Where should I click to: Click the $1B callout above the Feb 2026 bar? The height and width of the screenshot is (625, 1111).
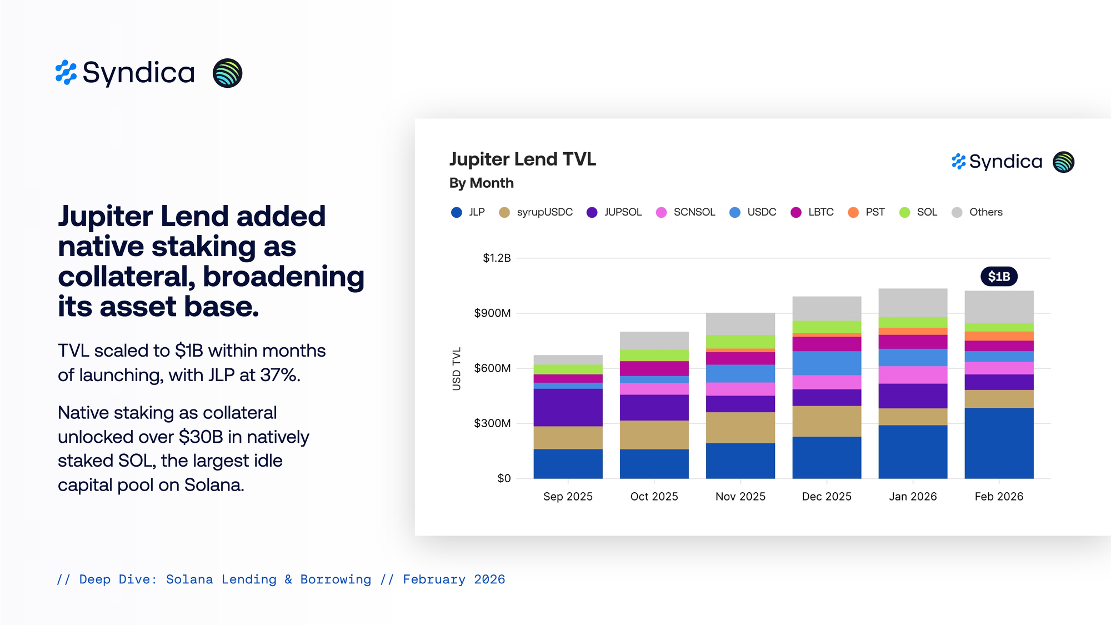click(999, 277)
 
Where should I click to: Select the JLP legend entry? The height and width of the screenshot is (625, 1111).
click(468, 212)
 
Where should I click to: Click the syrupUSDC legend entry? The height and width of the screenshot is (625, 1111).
click(536, 212)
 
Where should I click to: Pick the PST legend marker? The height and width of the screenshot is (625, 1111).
click(853, 212)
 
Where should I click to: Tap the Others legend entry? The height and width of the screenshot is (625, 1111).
click(977, 212)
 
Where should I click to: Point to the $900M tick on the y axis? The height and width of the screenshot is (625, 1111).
click(492, 313)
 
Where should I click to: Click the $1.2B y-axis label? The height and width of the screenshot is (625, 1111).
click(497, 258)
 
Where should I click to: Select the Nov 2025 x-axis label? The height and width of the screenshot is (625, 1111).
click(740, 497)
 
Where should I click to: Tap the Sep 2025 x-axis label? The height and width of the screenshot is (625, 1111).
click(568, 497)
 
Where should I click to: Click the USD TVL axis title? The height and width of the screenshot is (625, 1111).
click(457, 369)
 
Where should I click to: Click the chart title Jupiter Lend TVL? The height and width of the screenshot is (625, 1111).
click(522, 159)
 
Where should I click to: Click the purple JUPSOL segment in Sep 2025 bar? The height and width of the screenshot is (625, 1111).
click(568, 407)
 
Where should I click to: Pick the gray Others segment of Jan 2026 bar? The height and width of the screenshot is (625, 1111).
click(913, 303)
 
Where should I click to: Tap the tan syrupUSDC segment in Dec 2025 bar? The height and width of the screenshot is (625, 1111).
click(827, 421)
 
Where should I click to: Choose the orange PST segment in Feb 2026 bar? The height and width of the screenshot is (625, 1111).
click(999, 336)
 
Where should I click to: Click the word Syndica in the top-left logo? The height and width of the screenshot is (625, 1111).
click(138, 73)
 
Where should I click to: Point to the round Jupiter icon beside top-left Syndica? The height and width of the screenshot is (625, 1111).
click(228, 73)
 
